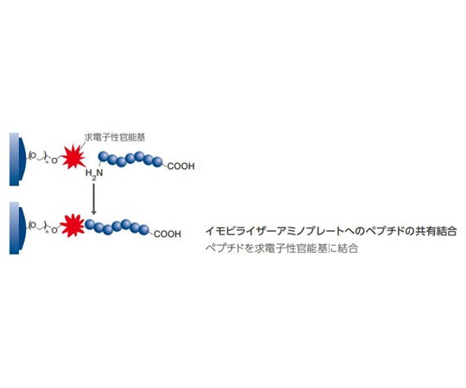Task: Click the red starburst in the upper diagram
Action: coord(73,157)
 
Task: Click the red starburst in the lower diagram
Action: coord(72,226)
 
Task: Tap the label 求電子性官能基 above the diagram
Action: coord(115,137)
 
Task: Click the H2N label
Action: coord(94,174)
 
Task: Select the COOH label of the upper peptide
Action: coord(180,166)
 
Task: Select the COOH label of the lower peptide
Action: coord(167,235)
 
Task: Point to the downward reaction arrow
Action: coord(93,199)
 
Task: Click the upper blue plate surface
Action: coord(17,160)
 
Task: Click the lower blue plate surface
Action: coord(17,228)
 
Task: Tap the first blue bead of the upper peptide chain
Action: coord(104,156)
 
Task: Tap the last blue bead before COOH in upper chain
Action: coord(158,162)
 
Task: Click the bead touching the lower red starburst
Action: coord(90,224)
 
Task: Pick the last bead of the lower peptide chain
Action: coord(144,229)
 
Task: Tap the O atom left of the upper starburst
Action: coord(54,161)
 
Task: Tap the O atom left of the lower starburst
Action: coord(54,230)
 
